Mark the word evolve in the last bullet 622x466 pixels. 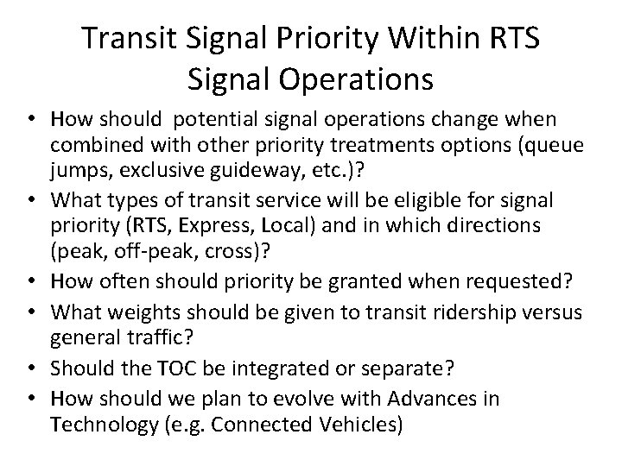(311, 399)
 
